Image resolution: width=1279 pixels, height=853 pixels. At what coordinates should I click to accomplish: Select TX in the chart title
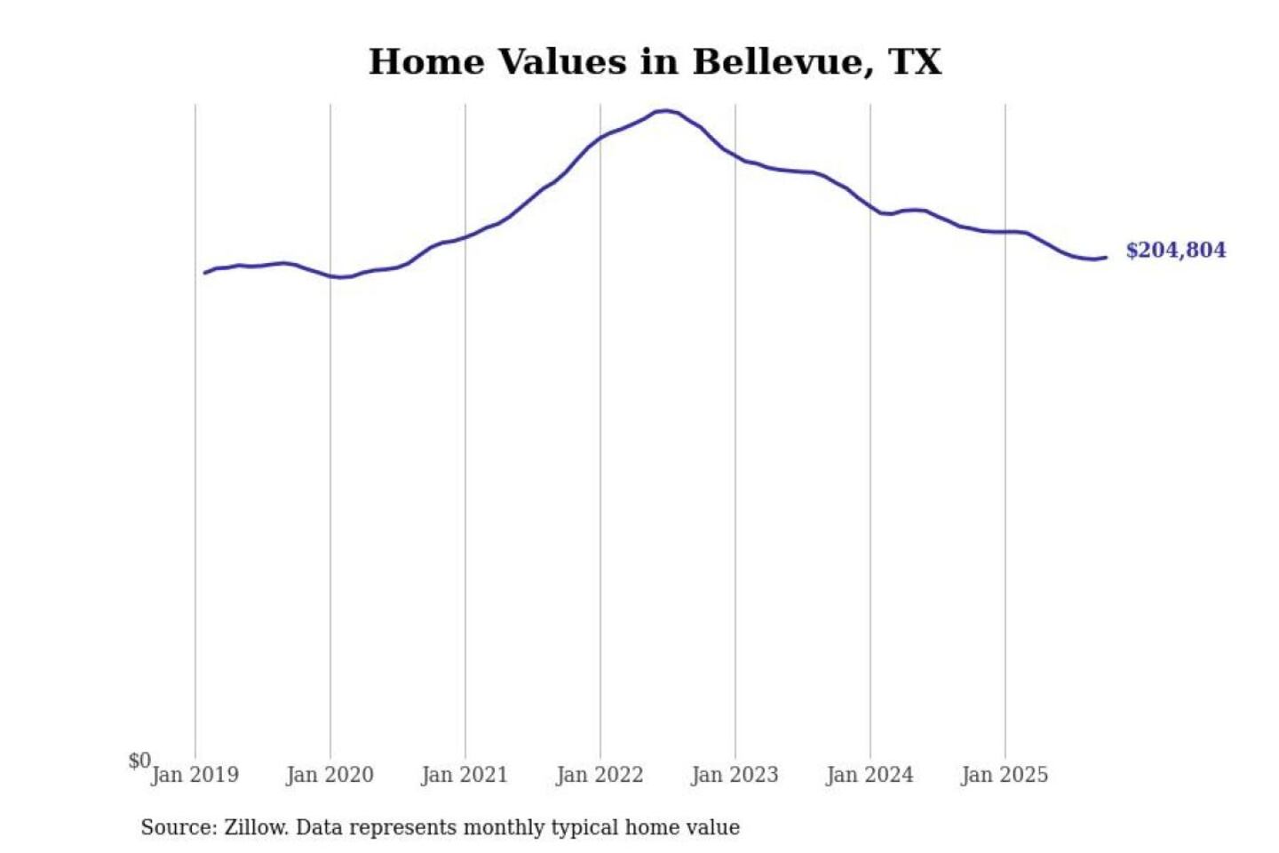pyautogui.click(x=914, y=62)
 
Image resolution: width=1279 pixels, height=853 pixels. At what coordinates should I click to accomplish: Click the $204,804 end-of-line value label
pyautogui.click(x=1175, y=251)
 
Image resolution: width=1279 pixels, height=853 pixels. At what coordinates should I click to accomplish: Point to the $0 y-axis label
pyautogui.click(x=139, y=761)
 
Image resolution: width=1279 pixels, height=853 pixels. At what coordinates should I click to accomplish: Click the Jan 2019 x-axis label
pyautogui.click(x=195, y=775)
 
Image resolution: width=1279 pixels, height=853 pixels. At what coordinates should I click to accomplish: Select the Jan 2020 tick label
pyautogui.click(x=330, y=775)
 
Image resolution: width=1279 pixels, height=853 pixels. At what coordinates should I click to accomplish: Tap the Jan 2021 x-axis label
pyautogui.click(x=465, y=775)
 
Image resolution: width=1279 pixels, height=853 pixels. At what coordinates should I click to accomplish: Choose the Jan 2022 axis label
pyautogui.click(x=600, y=775)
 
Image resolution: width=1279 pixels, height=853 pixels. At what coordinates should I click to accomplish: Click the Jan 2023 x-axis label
pyautogui.click(x=735, y=775)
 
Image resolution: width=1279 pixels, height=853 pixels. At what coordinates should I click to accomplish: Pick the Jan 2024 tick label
pyautogui.click(x=870, y=775)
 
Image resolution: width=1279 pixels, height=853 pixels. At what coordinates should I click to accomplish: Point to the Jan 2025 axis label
pyautogui.click(x=1005, y=775)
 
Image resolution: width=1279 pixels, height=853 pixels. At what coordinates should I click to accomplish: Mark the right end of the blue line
pyautogui.click(x=1106, y=258)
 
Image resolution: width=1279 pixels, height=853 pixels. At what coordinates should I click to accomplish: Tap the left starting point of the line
pyautogui.click(x=205, y=273)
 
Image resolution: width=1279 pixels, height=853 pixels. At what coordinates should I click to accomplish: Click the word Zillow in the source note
pyautogui.click(x=256, y=828)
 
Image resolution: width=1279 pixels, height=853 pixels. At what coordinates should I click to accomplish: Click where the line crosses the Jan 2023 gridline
pyautogui.click(x=735, y=155)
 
